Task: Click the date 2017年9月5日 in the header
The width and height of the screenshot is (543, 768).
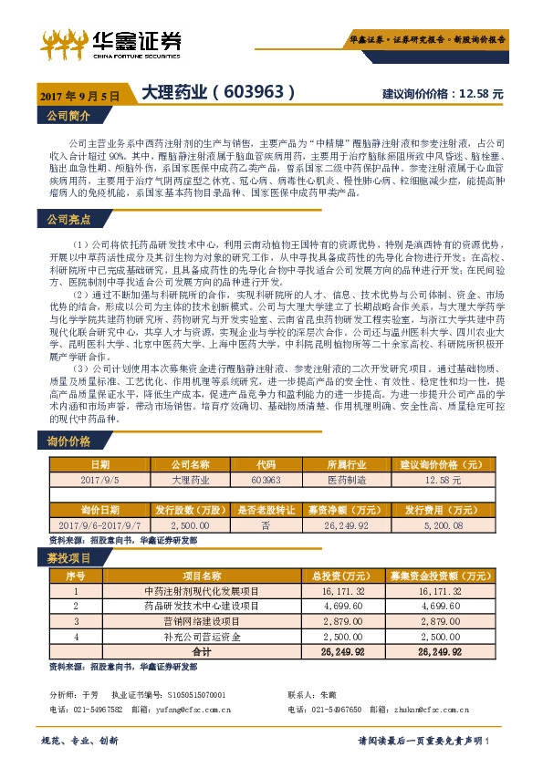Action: [x=79, y=95]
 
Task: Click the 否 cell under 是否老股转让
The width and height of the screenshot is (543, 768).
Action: [x=266, y=526]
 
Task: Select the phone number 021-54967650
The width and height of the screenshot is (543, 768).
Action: [x=340, y=708]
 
